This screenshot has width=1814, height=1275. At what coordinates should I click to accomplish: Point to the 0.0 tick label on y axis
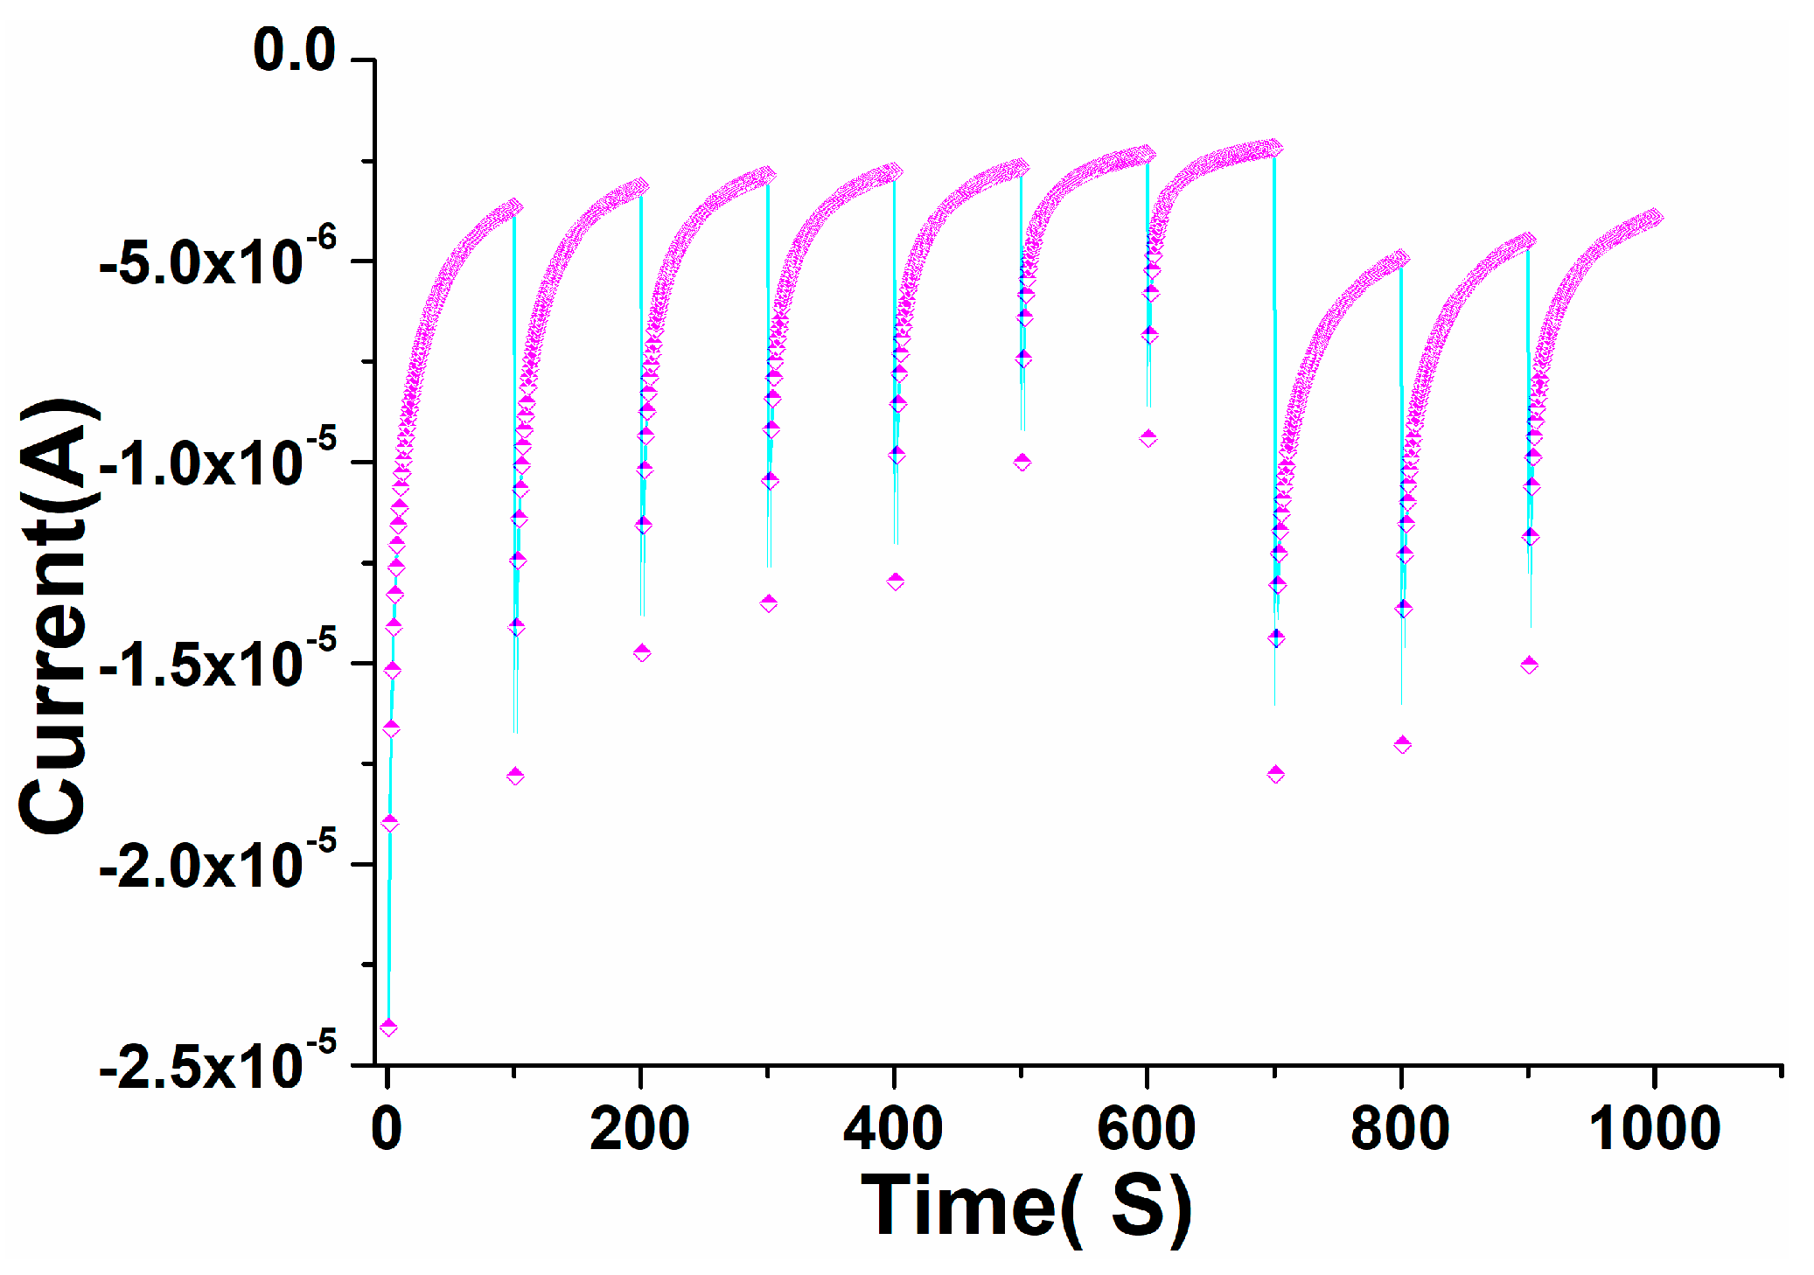294,50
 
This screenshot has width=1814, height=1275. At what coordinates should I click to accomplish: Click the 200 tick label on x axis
639,1128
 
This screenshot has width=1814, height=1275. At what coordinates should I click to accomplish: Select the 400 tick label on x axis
893,1128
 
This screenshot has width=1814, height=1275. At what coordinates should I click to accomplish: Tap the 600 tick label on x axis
1147,1128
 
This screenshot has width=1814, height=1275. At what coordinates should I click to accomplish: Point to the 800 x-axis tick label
1400,1128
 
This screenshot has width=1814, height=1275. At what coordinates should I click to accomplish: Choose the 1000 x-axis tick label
1654,1128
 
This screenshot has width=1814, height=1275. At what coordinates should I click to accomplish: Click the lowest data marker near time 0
389,1027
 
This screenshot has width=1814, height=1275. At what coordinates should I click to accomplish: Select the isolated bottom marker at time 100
516,776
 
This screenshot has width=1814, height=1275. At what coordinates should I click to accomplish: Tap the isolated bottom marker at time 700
1276,774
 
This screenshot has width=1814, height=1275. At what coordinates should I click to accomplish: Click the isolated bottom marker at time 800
1403,744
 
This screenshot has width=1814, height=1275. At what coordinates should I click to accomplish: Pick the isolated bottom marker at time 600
1149,438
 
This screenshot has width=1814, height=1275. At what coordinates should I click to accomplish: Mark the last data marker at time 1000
1654,218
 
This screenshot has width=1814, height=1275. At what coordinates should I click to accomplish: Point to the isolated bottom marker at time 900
1530,665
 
